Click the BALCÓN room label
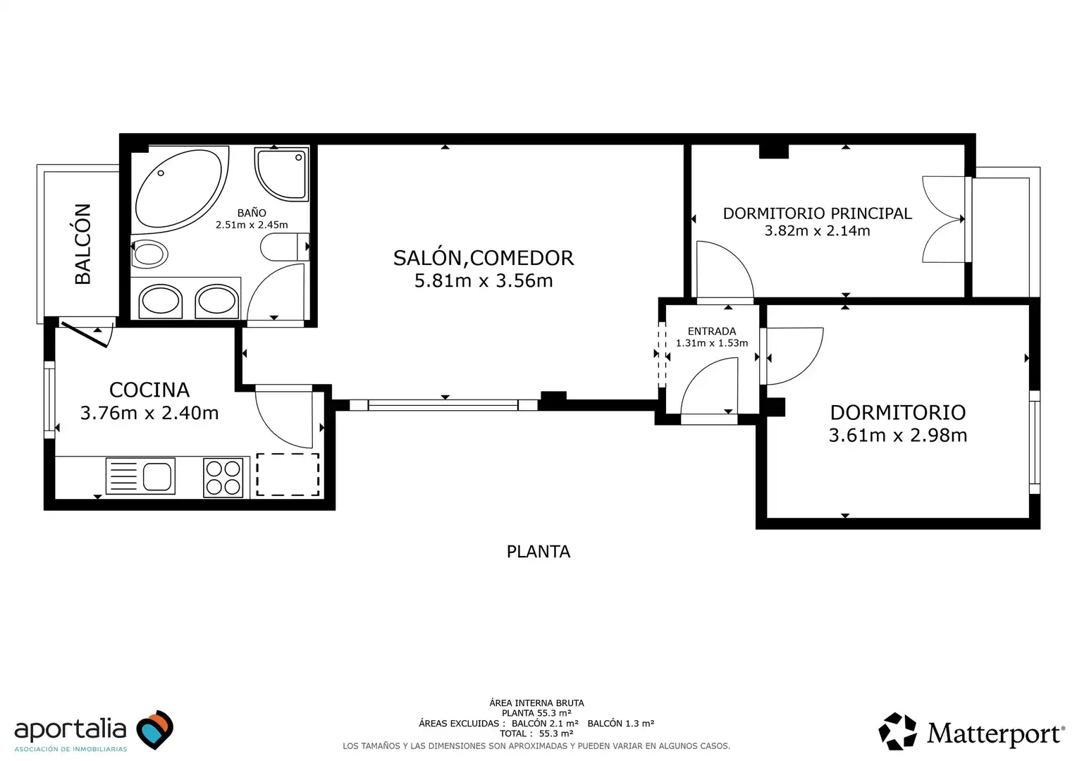tap(82, 244)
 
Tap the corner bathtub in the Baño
tap(180, 190)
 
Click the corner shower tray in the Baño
tap(281, 174)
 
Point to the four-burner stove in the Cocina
tap(223, 477)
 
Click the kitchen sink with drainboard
tap(140, 476)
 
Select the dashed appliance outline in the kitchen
tap(288, 474)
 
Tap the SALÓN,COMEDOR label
tap(484, 258)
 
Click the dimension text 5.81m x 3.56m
tap(484, 280)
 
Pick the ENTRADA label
tap(712, 331)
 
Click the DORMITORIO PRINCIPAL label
tap(818, 214)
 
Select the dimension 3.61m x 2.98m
tap(898, 435)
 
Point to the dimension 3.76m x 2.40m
tap(149, 413)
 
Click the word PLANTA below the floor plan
tap(538, 552)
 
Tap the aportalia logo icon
tap(155, 729)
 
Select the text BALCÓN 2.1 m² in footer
tap(545, 723)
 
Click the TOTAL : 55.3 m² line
tap(536, 734)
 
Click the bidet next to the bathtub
tap(149, 254)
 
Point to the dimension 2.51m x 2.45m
tap(252, 225)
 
